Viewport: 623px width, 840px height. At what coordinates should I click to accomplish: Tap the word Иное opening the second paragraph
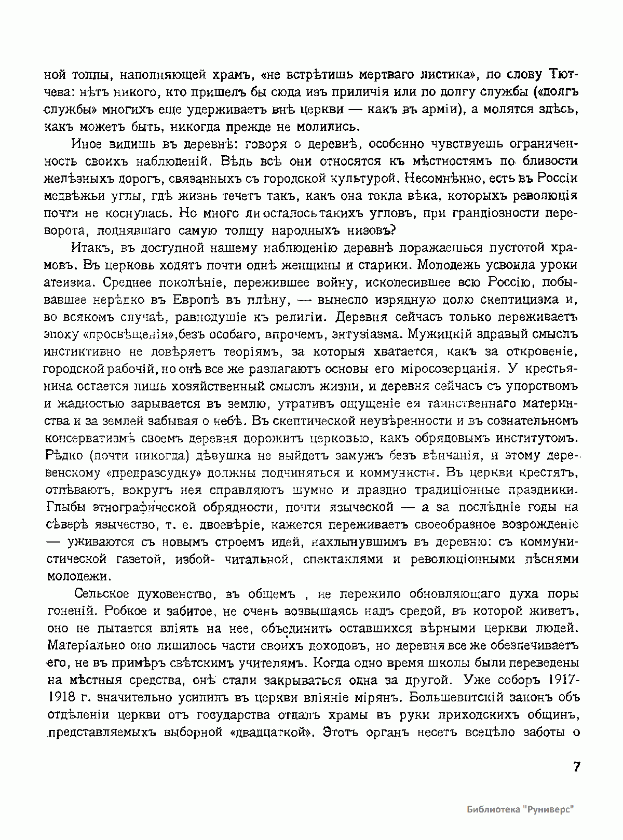pos(87,144)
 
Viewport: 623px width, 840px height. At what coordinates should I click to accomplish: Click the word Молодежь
pos(455,265)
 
